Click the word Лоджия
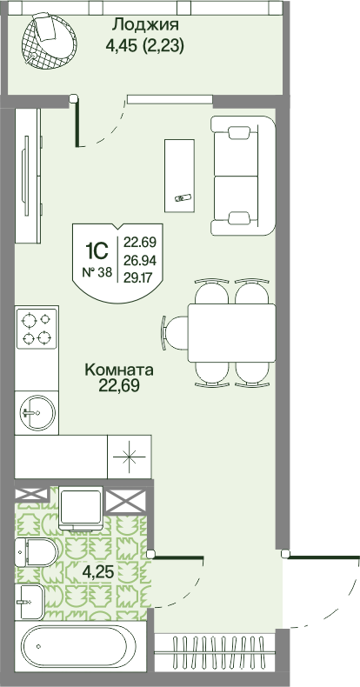[145, 25]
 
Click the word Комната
[119, 370]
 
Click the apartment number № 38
[97, 273]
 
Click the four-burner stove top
[37, 329]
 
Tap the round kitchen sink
[37, 412]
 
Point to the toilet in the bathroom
[37, 552]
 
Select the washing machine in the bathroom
[81, 507]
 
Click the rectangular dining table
[231, 333]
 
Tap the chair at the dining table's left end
[175, 333]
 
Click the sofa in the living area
[243, 177]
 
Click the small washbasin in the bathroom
[30, 602]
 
